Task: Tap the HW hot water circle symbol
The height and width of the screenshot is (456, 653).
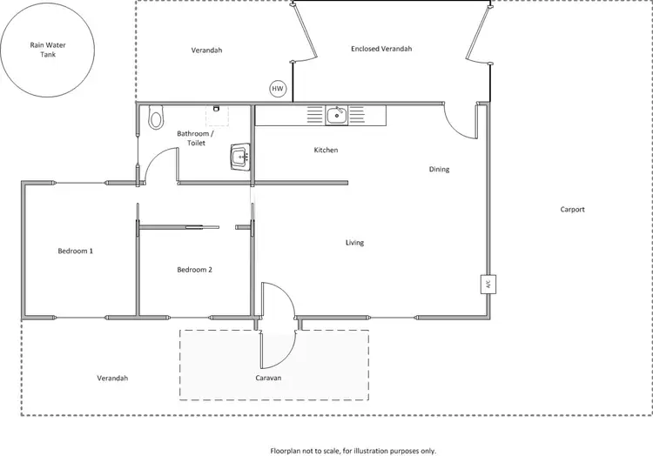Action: click(x=278, y=89)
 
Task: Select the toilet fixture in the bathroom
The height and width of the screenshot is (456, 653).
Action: click(x=156, y=117)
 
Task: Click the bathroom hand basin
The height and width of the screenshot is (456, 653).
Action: click(x=239, y=158)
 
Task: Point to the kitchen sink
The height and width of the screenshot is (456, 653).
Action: click(x=336, y=114)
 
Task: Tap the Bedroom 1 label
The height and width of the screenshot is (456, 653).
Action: click(x=75, y=251)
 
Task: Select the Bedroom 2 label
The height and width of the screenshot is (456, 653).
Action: click(x=194, y=270)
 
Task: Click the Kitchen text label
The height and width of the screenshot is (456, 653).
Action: click(x=326, y=151)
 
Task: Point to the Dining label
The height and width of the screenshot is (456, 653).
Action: click(x=439, y=169)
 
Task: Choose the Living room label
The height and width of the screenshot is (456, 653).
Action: click(x=353, y=243)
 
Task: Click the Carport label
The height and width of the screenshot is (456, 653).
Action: click(x=572, y=210)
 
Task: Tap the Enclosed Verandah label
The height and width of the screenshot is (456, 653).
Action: click(x=381, y=49)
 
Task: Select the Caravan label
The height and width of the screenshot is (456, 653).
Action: click(x=268, y=379)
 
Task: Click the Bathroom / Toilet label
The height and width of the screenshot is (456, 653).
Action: click(x=192, y=138)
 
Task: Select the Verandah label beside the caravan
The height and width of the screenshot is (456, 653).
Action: click(x=112, y=378)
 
